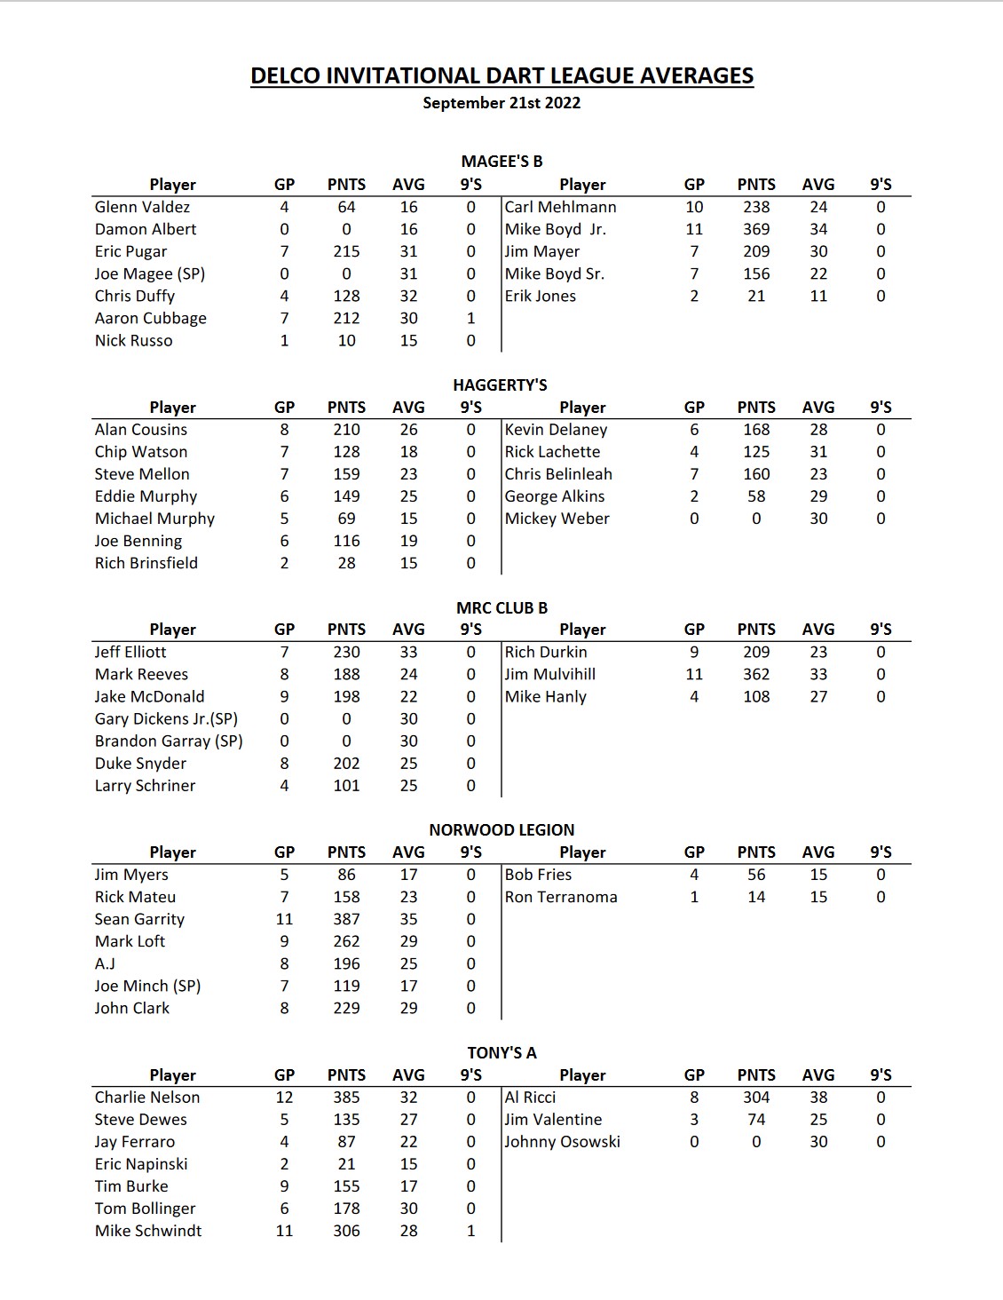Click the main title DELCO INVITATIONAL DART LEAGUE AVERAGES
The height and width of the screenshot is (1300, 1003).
[501, 76]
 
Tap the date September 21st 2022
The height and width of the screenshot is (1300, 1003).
[501, 103]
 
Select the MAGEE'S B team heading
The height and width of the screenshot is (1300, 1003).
[501, 162]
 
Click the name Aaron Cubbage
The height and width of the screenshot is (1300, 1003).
[151, 318]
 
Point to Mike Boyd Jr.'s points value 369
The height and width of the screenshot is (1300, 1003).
[756, 229]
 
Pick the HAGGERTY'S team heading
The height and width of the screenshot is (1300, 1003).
[500, 384]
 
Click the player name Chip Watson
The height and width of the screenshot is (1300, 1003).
[141, 452]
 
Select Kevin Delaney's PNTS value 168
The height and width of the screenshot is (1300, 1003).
[756, 430]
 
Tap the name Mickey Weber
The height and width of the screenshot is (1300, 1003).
[557, 519]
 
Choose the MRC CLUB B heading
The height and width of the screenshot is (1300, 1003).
[501, 608]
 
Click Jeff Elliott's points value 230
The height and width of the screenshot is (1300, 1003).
[346, 652]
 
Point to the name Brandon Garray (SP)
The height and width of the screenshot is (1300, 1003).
[169, 741]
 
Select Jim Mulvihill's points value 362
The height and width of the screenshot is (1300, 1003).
[756, 674]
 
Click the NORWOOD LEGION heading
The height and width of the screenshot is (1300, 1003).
[501, 830]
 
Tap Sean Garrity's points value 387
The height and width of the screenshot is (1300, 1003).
[346, 919]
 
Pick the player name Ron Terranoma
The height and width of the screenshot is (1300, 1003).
[561, 897]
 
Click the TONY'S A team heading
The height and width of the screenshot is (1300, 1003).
[501, 1053]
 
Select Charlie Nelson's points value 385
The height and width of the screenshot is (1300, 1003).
[346, 1098]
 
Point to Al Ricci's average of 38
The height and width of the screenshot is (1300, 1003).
[818, 1098]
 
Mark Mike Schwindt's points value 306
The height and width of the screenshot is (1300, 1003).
[346, 1231]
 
